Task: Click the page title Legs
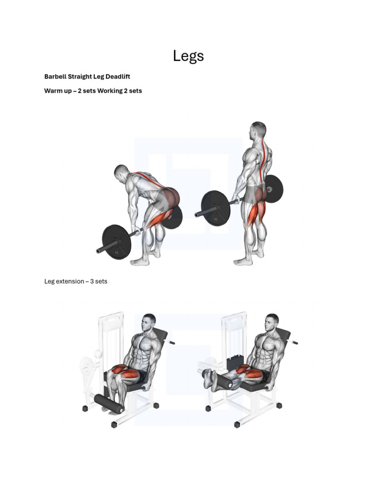[x=188, y=56]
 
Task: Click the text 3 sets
[x=98, y=281]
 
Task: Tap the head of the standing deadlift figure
[x=257, y=130]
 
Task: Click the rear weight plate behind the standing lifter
[x=273, y=189]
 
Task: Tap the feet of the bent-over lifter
[x=145, y=260]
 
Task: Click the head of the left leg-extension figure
[x=149, y=322]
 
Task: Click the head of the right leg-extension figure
[x=271, y=322]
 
